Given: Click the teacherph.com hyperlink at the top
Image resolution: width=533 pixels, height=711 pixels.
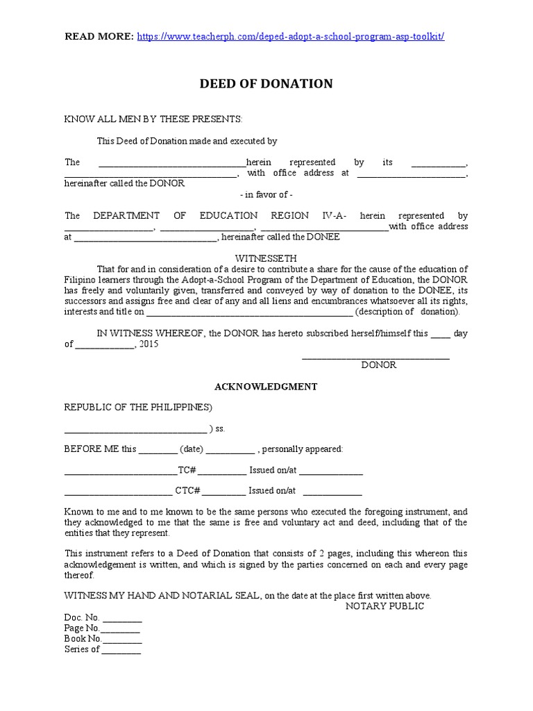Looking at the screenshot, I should pyautogui.click(x=291, y=36).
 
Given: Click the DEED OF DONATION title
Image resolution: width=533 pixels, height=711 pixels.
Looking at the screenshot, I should pyautogui.click(x=266, y=84).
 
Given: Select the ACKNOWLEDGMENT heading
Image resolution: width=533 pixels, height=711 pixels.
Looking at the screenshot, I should pyautogui.click(x=266, y=386).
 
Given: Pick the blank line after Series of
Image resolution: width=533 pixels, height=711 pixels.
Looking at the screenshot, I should pyautogui.click(x=121, y=651).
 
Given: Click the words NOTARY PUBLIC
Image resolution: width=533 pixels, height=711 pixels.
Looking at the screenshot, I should pyautogui.click(x=384, y=606).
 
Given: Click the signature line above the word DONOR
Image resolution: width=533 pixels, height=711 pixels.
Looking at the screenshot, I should pyautogui.click(x=375, y=358).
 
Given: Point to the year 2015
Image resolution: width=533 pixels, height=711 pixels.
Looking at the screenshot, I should pyautogui.click(x=149, y=344).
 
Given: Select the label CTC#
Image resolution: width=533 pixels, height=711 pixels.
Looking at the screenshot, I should pyautogui.click(x=187, y=491).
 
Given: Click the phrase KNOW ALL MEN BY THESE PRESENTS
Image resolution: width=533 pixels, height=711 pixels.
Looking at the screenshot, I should pyautogui.click(x=153, y=119).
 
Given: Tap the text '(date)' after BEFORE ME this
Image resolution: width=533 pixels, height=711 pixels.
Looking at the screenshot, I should pyautogui.click(x=191, y=449).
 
